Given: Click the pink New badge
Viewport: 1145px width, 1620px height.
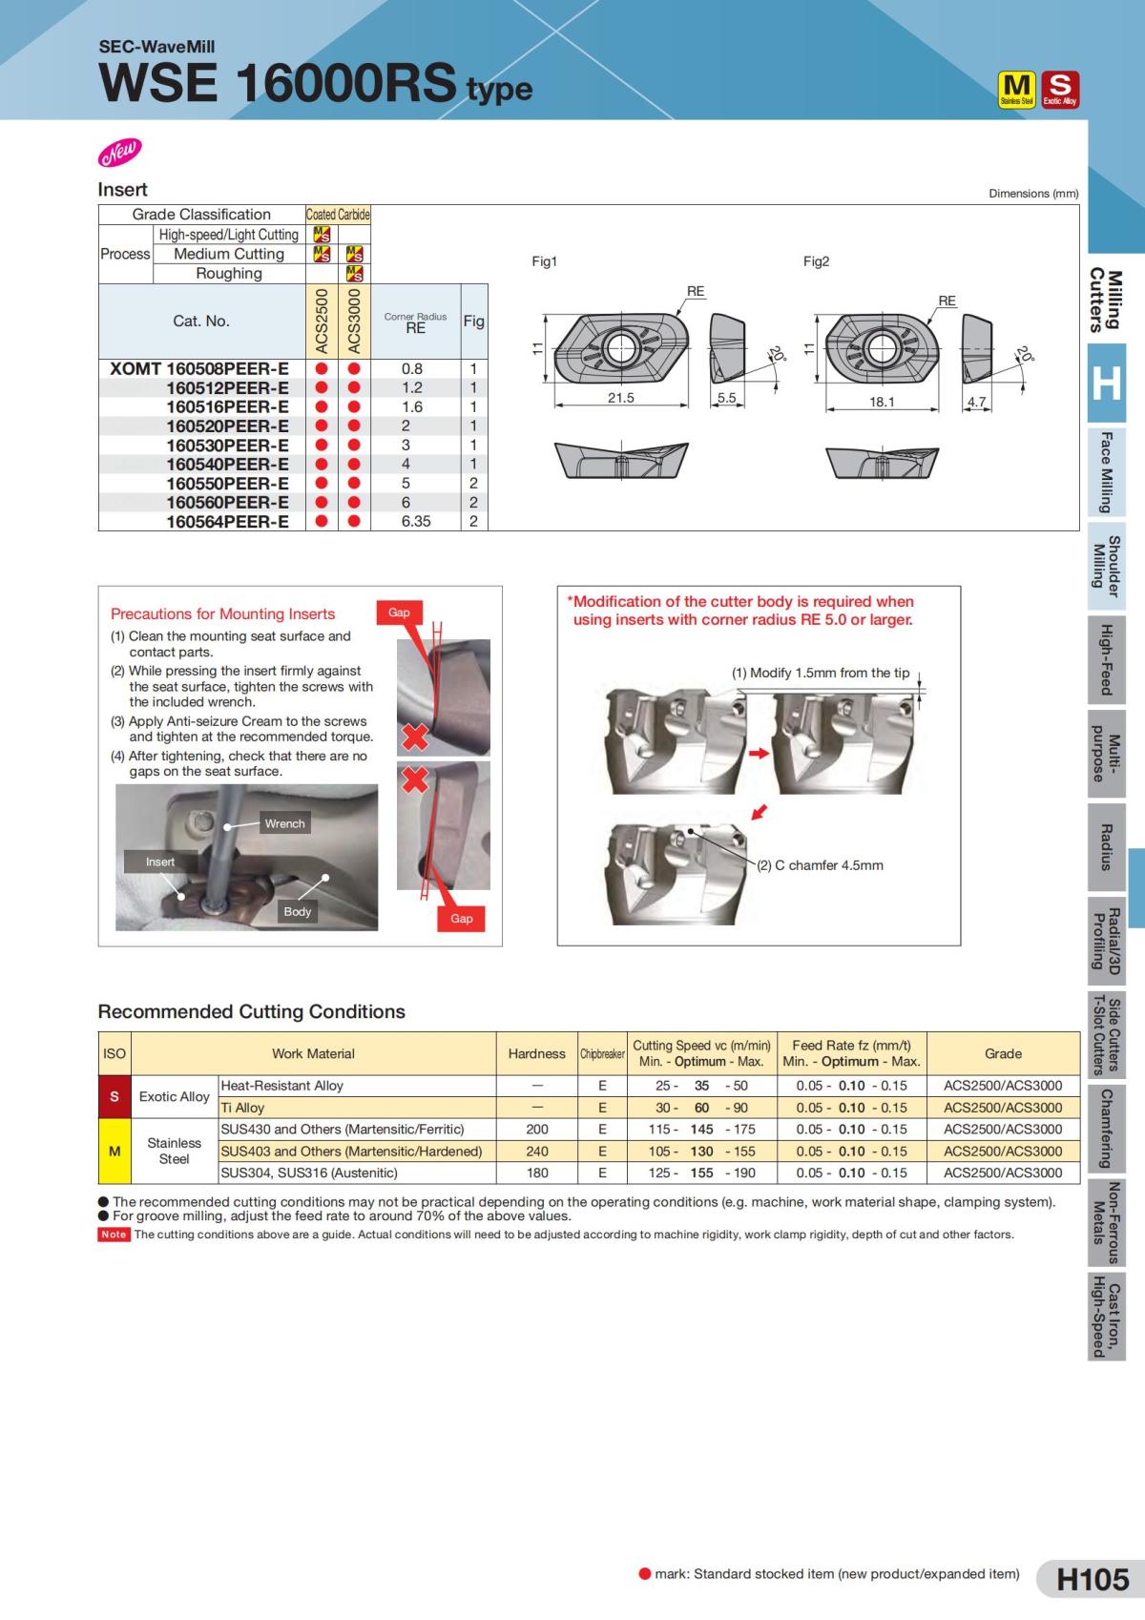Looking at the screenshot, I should [x=119, y=151].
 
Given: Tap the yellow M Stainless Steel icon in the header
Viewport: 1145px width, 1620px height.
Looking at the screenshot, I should [x=1016, y=89].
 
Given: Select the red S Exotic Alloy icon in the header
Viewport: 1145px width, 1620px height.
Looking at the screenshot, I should [x=1059, y=89].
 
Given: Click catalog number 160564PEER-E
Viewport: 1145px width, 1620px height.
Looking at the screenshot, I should [x=227, y=522].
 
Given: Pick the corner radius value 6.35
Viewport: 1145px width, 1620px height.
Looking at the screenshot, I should [x=415, y=522].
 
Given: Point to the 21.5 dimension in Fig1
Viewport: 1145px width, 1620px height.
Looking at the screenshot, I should [x=620, y=398].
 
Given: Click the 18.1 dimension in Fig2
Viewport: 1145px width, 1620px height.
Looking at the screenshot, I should [x=882, y=402].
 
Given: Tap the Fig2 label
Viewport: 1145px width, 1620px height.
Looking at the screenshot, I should [x=816, y=261].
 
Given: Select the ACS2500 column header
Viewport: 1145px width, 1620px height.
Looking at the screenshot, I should [x=322, y=321].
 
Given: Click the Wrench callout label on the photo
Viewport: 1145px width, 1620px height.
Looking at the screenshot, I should [x=284, y=823].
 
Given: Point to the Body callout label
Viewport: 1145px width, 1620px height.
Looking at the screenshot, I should [x=297, y=911].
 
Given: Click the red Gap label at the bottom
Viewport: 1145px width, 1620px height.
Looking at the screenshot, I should [x=461, y=918].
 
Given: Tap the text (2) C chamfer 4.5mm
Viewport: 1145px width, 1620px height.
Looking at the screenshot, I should [x=820, y=865].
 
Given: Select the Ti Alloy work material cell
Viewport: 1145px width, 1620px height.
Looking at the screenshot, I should [x=242, y=1108].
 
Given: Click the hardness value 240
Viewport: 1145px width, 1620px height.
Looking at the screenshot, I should [x=537, y=1151].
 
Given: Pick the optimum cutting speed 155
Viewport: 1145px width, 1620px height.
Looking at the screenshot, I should [x=701, y=1173].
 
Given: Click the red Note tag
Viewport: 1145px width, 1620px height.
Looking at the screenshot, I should [x=114, y=1235].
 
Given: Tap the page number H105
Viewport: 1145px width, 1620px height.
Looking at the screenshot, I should [x=1093, y=1579].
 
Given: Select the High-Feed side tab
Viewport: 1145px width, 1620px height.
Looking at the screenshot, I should [x=1106, y=659].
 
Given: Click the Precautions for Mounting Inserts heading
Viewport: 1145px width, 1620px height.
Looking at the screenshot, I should [x=222, y=613].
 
